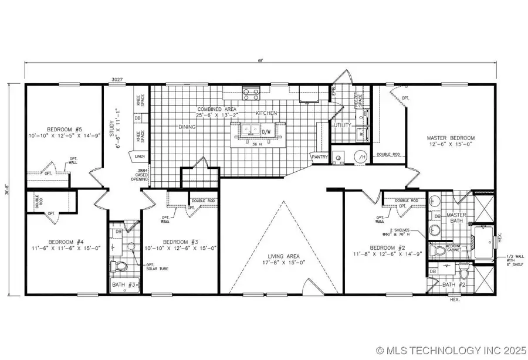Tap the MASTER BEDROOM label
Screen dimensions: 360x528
(x=451, y=138)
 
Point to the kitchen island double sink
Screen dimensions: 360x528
(x=256, y=130)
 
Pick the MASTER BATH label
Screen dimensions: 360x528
(x=456, y=218)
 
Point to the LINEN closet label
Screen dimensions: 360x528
(x=139, y=157)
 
